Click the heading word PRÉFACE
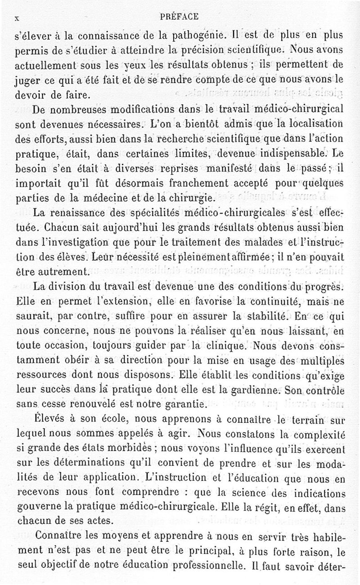pyautogui.click(x=179, y=17)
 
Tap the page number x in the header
pyautogui.click(x=17, y=18)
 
